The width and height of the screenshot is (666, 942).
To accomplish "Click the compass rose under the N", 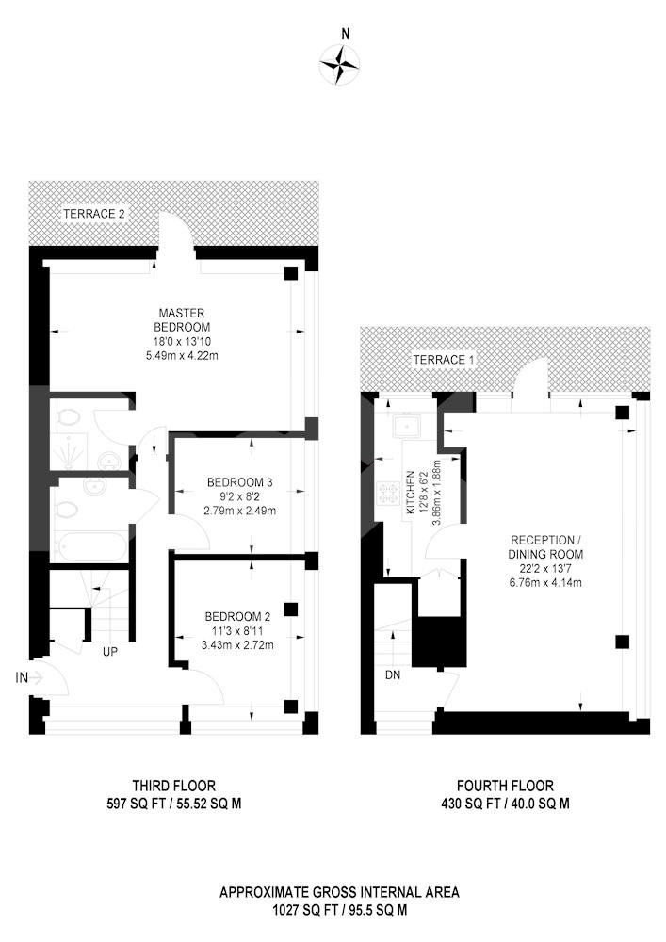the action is point(340,64).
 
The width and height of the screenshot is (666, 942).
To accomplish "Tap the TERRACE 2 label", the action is point(94,214).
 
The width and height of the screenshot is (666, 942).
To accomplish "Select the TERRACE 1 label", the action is point(443,360).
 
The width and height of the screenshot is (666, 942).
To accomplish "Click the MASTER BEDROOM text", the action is point(182,320).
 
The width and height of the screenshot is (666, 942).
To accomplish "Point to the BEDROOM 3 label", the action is point(239,481).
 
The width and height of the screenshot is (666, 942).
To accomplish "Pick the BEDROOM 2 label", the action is point(237,616).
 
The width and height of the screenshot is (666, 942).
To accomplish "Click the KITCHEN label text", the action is point(412,492).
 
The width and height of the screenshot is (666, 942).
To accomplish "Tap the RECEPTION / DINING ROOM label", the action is point(545,546).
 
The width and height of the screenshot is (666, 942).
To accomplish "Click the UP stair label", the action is point(110,651).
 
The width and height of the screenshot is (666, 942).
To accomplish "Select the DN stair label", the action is point(393,675).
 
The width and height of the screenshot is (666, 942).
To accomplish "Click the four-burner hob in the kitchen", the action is point(389,493).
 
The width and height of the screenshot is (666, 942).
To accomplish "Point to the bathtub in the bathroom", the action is point(90,546).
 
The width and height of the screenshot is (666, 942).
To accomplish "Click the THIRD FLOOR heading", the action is point(174,786).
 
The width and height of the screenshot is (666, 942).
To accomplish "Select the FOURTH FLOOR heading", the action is point(505,786).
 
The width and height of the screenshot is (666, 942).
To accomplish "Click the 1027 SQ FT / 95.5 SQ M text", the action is point(339,910).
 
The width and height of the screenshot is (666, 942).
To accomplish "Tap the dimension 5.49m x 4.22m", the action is point(182,356).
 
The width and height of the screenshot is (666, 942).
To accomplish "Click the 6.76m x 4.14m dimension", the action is point(545,582).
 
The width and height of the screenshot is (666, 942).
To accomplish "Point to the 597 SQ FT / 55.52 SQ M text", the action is point(174,804).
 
